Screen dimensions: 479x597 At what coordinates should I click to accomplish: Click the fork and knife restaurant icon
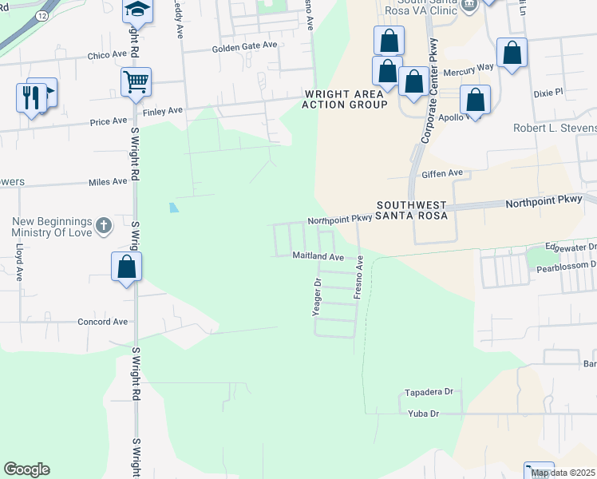click(x=31, y=97)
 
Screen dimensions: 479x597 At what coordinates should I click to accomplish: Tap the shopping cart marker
click(x=136, y=81)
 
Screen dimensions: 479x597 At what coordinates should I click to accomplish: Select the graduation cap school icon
click(x=136, y=10)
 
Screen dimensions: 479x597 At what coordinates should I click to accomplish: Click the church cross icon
click(x=103, y=226)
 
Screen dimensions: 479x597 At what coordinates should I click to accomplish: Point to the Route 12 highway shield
click(x=42, y=15)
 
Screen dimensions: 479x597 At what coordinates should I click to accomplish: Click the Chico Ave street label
click(x=108, y=55)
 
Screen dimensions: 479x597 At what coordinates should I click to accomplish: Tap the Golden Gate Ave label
click(x=244, y=47)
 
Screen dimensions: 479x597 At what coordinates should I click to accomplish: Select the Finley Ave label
click(x=164, y=109)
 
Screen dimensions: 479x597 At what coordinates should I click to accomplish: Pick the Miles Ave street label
click(x=108, y=181)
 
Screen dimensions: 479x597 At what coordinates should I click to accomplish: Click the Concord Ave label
click(x=102, y=322)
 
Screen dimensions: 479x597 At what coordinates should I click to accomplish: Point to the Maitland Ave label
click(x=318, y=257)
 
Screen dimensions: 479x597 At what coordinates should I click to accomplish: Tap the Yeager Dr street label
click(x=317, y=297)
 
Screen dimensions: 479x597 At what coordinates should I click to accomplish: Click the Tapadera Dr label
click(x=429, y=392)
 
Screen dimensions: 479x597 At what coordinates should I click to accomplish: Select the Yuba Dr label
click(x=423, y=414)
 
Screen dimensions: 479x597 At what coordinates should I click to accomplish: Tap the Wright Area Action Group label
click(x=345, y=99)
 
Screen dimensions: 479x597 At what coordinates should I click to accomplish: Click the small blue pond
click(x=174, y=208)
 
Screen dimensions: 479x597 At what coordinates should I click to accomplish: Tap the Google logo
click(x=26, y=469)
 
